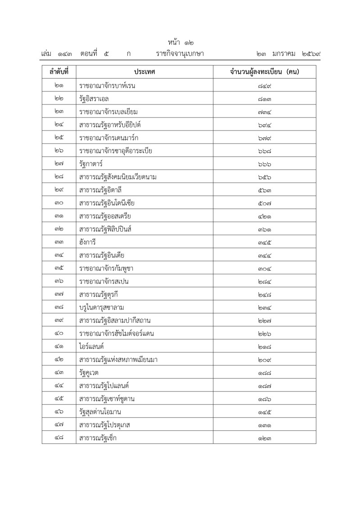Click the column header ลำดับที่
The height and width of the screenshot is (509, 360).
pyautogui.click(x=59, y=72)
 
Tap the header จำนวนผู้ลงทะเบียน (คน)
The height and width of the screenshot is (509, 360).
pyautogui.click(x=265, y=72)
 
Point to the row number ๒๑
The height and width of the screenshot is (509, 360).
pyautogui.click(x=59, y=86)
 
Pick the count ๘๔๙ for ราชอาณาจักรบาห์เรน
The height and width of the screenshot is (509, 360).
pyautogui.click(x=265, y=86)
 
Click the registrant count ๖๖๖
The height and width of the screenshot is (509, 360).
pyautogui.click(x=265, y=164)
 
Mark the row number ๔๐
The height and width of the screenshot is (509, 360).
pyautogui.click(x=59, y=334)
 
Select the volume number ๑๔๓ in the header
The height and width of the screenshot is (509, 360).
pyautogui.click(x=65, y=54)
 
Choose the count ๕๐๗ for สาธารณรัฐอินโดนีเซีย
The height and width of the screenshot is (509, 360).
pyautogui.click(x=265, y=203)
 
